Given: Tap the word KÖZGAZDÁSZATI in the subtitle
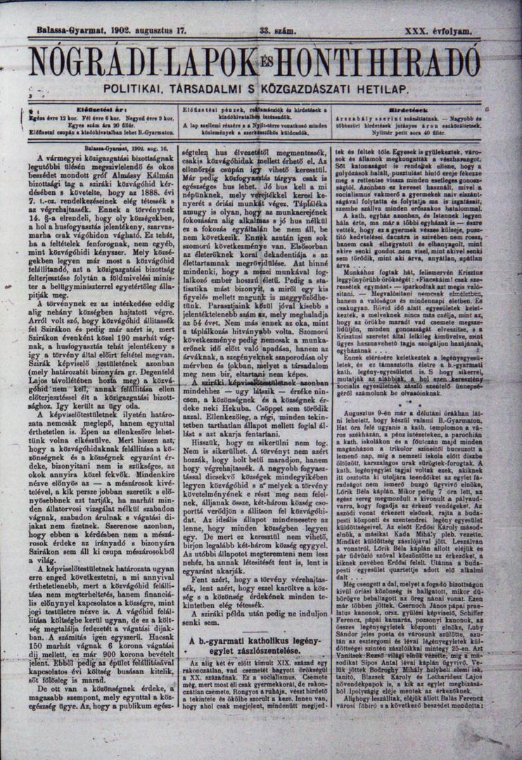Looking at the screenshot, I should [316, 89].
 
